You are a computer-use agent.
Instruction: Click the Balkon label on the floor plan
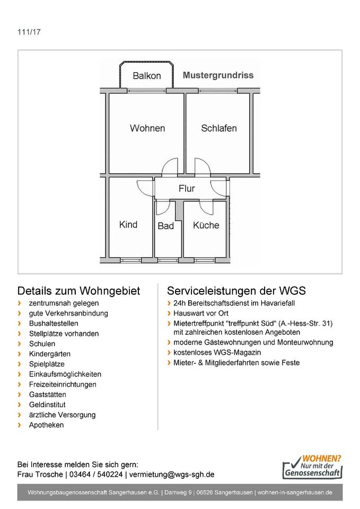[x=147, y=76]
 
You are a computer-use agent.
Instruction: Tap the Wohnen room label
[x=147, y=128]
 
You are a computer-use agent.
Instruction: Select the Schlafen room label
[x=219, y=128]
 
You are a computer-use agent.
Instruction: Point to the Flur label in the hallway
[x=187, y=188]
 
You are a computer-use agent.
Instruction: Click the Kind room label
[x=128, y=224]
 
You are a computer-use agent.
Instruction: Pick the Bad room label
[x=166, y=226]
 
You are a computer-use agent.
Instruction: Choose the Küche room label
[x=206, y=225]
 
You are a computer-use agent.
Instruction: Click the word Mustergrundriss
[x=218, y=75]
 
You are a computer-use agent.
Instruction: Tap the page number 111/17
[x=29, y=32]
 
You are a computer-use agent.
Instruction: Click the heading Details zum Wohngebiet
[x=78, y=291]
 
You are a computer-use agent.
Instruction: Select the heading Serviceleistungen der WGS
[x=236, y=291]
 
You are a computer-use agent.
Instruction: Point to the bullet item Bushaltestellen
[x=54, y=323]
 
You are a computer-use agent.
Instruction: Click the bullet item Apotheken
[x=47, y=425]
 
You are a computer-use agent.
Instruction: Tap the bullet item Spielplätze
[x=47, y=364]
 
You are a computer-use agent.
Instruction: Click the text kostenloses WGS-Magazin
[x=217, y=353]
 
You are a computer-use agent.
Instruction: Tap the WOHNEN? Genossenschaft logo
[x=313, y=466]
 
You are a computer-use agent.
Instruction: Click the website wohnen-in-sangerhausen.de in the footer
[x=295, y=493]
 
